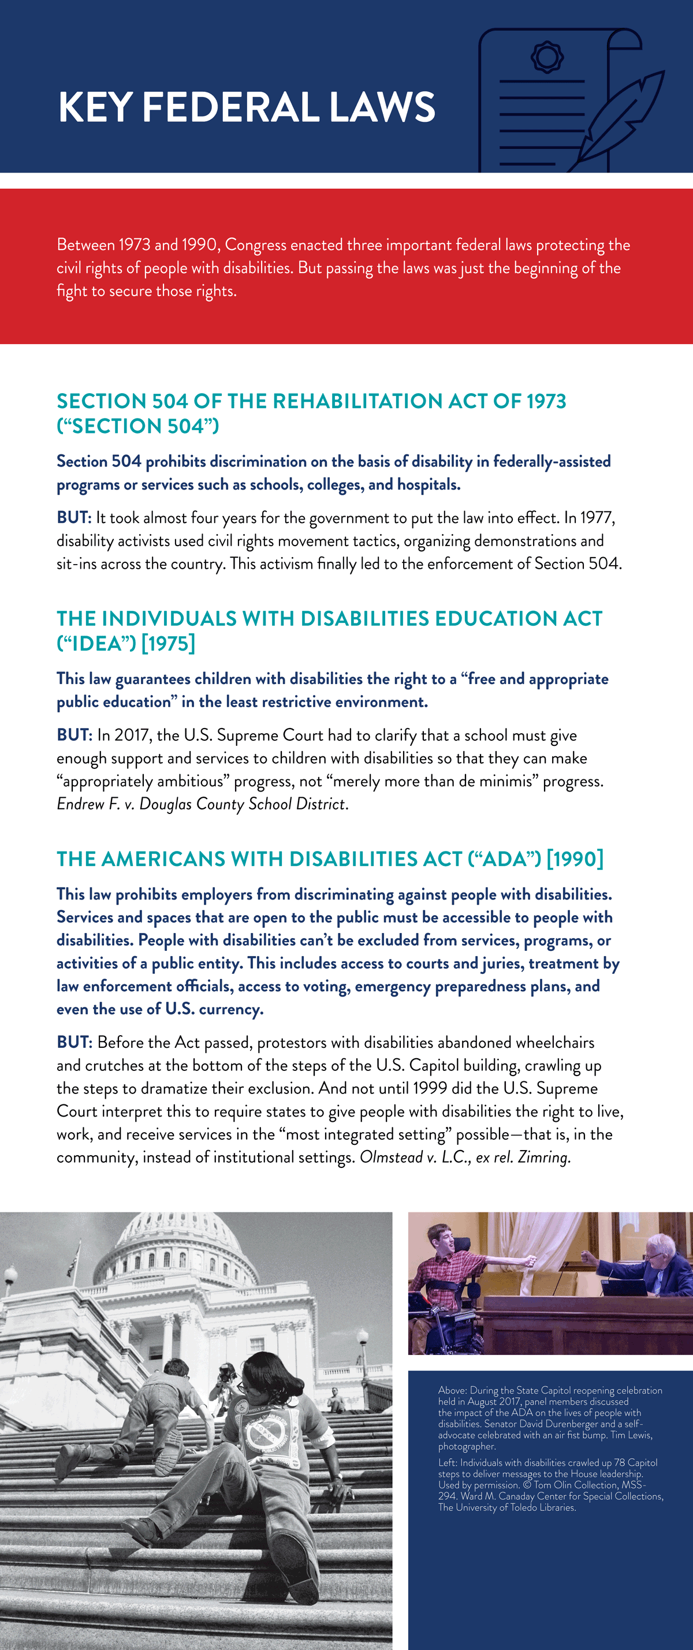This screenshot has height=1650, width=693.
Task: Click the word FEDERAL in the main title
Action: pos(230,107)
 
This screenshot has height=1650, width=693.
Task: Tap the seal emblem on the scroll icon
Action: pos(547,57)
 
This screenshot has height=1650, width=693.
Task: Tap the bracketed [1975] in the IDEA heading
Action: pos(169,643)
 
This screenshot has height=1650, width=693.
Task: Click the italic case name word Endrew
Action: pos(80,804)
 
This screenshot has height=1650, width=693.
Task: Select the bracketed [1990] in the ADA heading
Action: pos(575,859)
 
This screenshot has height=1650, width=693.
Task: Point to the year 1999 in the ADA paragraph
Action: pos(430,1088)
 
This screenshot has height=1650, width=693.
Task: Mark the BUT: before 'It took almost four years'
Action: pos(74,517)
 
